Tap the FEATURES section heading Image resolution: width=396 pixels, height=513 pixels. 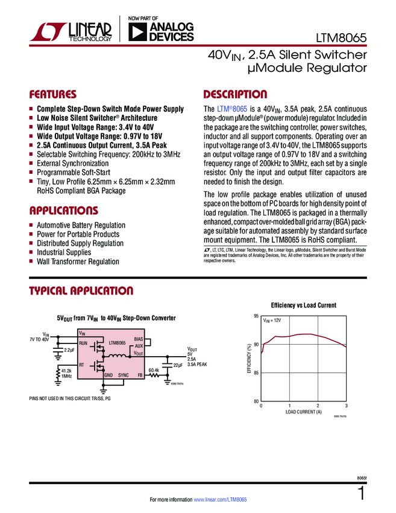tap(53, 95)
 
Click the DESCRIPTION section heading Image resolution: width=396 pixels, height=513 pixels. tap(235, 95)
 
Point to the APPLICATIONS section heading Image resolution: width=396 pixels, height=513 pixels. tap(63, 211)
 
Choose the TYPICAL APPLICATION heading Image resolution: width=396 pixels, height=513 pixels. tap(81, 292)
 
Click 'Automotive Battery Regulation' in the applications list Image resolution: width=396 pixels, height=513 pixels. tap(81, 225)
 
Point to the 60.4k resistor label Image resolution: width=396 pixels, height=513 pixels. tap(154, 370)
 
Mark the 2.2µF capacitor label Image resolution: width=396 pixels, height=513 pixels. tap(69, 350)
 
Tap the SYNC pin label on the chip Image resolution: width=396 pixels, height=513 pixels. tap(124, 375)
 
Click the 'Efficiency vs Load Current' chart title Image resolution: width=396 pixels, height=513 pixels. tap(303, 305)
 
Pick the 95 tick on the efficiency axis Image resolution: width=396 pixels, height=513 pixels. tap(256, 316)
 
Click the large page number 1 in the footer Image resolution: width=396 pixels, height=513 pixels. tap(361, 493)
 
